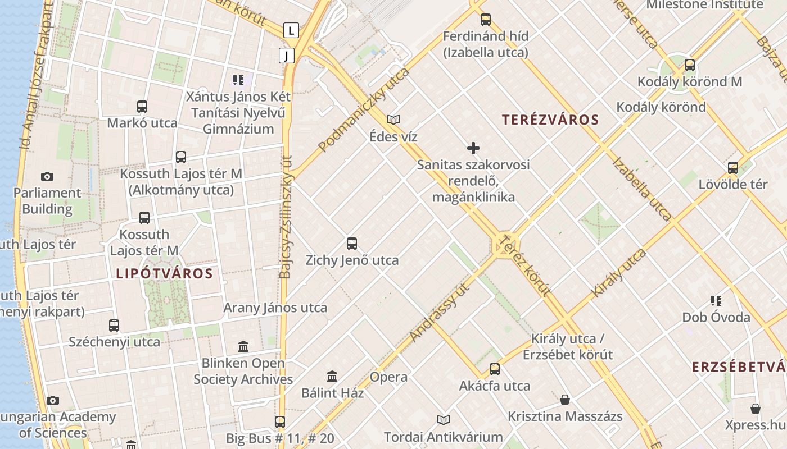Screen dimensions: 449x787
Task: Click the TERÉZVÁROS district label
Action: (550, 120)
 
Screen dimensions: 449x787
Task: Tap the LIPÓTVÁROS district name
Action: (164, 274)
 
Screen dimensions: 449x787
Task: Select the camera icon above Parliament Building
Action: (47, 176)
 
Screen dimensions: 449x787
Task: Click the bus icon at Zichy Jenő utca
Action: (352, 244)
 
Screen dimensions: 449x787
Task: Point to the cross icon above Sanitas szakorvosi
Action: (473, 148)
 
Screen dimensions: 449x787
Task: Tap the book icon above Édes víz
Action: (393, 120)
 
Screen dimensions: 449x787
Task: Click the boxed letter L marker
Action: (291, 30)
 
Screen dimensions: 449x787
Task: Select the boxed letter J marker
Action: (286, 55)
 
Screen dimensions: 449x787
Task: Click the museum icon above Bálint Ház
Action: (332, 376)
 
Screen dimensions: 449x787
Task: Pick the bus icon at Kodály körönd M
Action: (690, 65)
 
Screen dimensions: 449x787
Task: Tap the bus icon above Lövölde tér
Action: (733, 167)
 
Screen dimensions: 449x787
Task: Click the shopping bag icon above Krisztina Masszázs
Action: (565, 400)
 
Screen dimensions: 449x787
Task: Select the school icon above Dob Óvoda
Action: (716, 301)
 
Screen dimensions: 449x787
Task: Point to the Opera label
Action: (388, 377)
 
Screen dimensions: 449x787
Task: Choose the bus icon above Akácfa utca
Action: (495, 369)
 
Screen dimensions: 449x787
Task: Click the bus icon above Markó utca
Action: (142, 106)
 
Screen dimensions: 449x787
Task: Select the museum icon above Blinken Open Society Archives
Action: (243, 346)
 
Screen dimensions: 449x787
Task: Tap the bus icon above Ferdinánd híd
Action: (486, 20)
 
